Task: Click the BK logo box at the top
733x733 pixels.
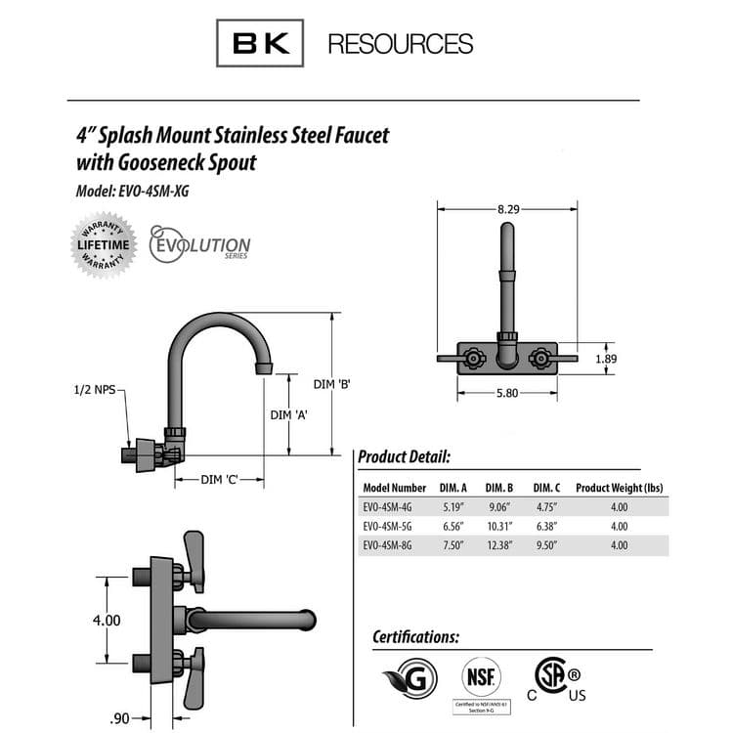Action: click(259, 43)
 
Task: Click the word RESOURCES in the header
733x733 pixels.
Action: click(400, 44)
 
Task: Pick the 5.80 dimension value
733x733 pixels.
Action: click(507, 394)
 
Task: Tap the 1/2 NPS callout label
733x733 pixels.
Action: click(94, 390)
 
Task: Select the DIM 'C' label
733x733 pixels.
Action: click(220, 479)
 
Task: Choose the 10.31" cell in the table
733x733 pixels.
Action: click(498, 526)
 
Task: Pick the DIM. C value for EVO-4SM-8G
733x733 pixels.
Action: click(546, 545)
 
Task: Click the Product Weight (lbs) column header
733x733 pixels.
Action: click(619, 488)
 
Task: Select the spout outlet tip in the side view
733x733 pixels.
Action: click(264, 368)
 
